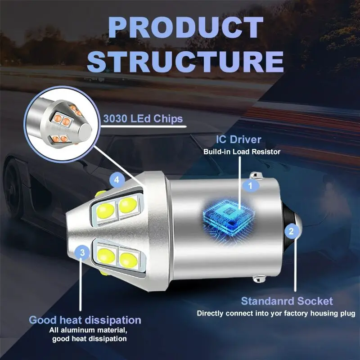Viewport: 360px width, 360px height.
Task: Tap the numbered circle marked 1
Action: click(x=251, y=184)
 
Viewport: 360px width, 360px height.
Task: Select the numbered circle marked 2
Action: click(x=291, y=232)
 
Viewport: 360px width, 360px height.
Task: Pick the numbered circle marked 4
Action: click(x=117, y=180)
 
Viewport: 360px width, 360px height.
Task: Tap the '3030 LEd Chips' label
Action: click(x=143, y=119)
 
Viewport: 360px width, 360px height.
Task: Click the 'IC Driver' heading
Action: click(x=238, y=139)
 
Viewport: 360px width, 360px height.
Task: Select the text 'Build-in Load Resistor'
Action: click(x=242, y=152)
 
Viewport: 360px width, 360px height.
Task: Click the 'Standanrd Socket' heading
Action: click(x=287, y=301)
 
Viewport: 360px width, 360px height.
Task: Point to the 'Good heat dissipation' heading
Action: click(x=85, y=320)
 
